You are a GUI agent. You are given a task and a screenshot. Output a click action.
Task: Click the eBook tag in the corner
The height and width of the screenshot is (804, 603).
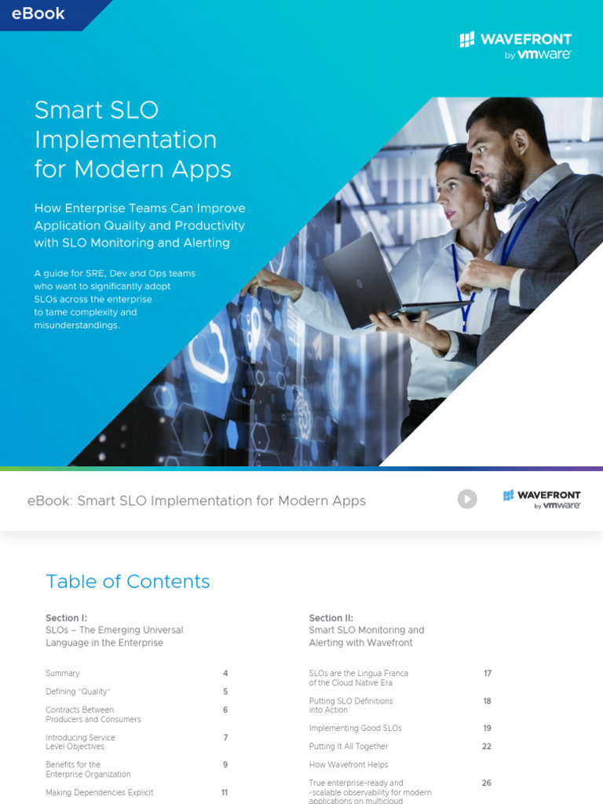pos(38,13)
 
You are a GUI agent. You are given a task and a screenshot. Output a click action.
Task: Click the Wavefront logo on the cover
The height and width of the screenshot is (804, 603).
pos(515,45)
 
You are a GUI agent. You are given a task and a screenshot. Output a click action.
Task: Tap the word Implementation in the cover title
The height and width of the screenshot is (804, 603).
pos(126,140)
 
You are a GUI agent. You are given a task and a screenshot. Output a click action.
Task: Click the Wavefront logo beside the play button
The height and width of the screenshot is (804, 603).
pos(542,499)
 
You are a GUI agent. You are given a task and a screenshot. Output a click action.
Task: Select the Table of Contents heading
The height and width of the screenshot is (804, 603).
pos(128,581)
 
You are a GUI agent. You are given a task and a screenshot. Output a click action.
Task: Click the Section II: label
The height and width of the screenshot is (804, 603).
pos(331,618)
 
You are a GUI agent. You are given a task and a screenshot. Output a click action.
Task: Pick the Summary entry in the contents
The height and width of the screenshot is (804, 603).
pos(63,674)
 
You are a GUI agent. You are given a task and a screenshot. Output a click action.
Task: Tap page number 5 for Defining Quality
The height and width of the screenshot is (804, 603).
pos(225,692)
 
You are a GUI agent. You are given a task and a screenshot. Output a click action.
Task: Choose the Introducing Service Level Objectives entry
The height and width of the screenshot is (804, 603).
pos(80,742)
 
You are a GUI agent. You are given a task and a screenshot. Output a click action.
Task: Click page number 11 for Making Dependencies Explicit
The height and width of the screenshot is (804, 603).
pos(225,793)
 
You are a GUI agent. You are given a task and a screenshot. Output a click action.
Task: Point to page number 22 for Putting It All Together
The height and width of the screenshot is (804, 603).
pos(487,747)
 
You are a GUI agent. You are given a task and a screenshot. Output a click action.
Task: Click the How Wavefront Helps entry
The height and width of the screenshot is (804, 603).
pos(349,765)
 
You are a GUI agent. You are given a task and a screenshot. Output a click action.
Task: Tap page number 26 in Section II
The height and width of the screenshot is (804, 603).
pos(487,783)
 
